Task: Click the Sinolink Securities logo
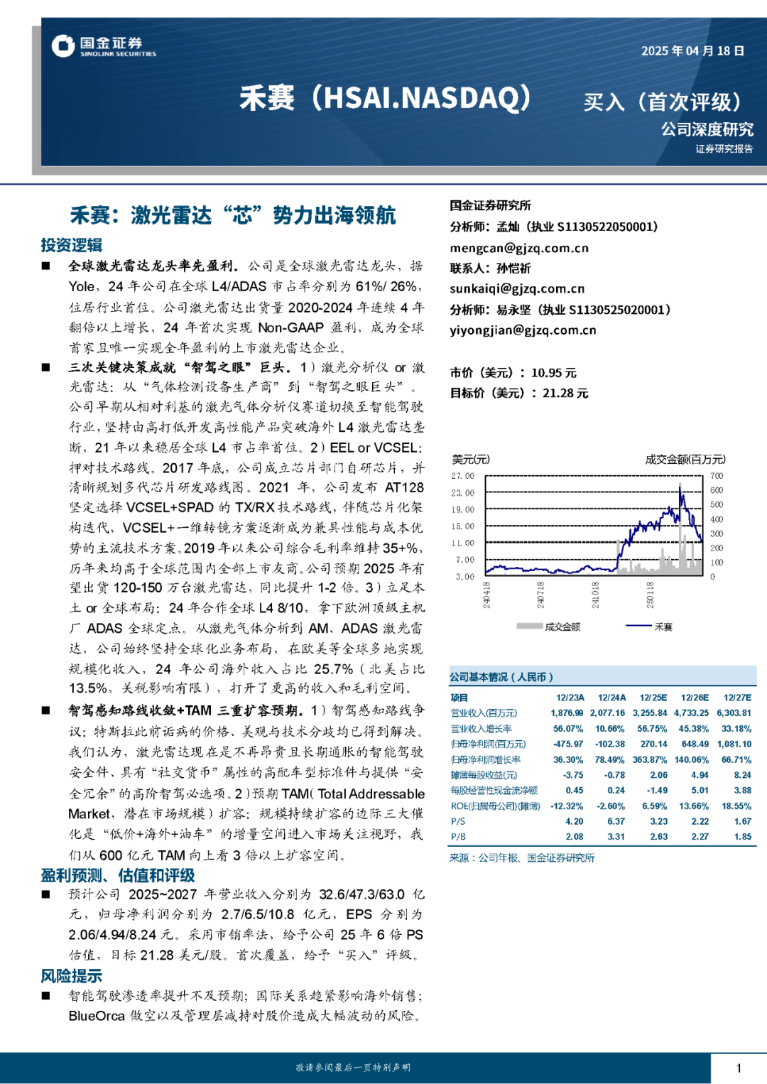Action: [104, 46]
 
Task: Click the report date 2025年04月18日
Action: [692, 51]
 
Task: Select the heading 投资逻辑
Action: [71, 245]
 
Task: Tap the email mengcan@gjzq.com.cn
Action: [519, 248]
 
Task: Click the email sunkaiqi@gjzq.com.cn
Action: [517, 288]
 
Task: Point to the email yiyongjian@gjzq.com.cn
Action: [523, 330]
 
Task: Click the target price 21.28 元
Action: [565, 393]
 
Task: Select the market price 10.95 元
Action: [553, 373]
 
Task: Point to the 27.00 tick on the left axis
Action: [463, 476]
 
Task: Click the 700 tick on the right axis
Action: [717, 476]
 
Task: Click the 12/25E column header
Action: [653, 698]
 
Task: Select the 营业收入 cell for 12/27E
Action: [734, 713]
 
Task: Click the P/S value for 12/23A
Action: [574, 821]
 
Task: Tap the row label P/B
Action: [458, 837]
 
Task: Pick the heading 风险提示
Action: [71, 976]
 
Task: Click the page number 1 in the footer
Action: [739, 1068]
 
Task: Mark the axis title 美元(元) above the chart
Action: [471, 460]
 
